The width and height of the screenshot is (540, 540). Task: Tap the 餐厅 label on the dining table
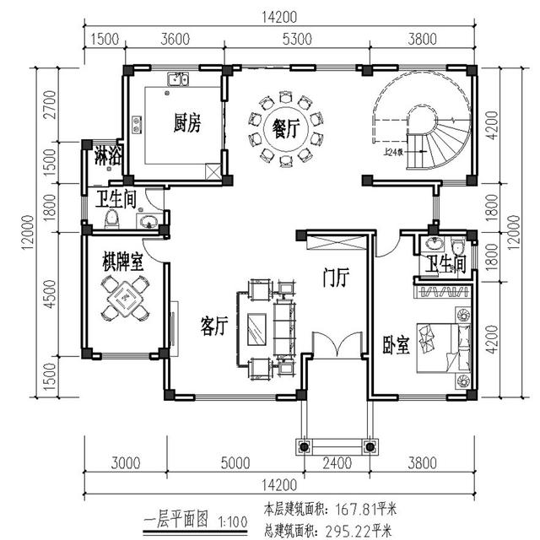(286, 129)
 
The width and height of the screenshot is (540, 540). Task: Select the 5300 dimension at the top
(297, 37)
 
